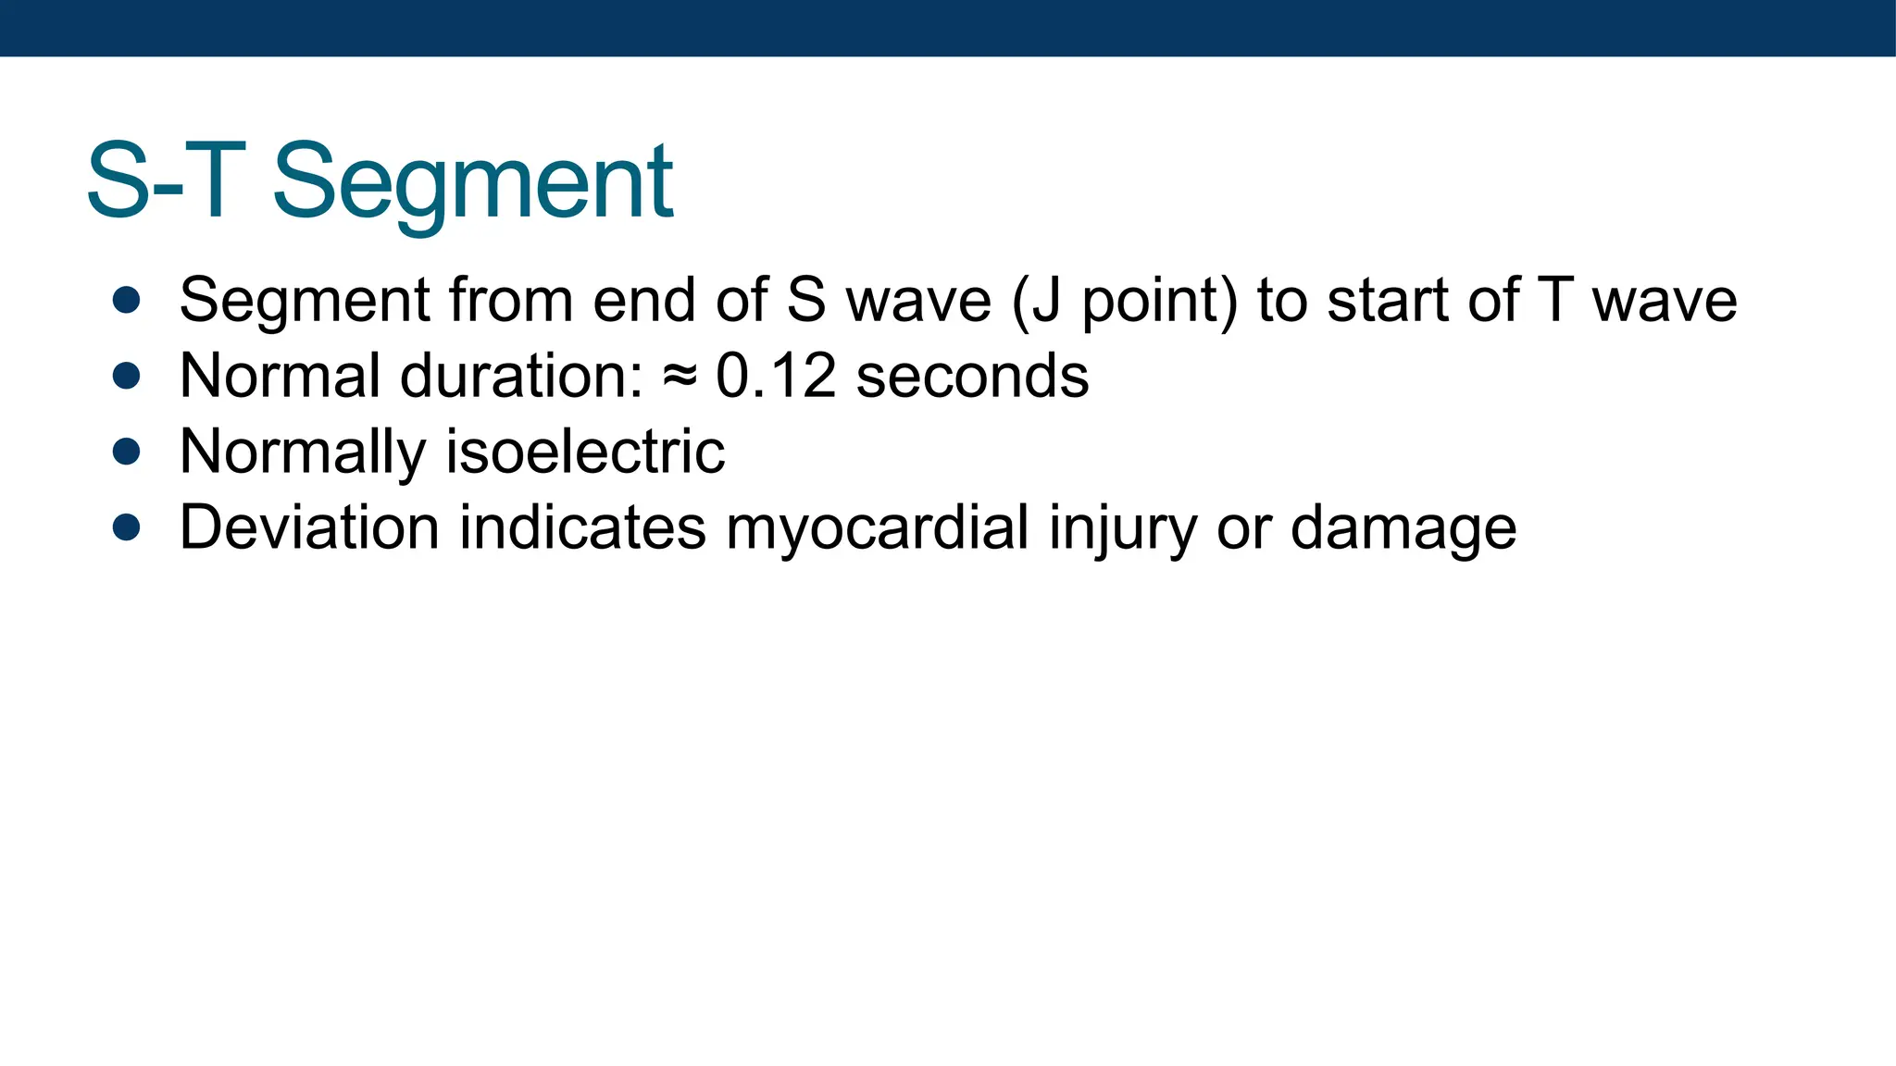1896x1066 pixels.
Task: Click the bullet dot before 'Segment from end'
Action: pyautogui.click(x=126, y=300)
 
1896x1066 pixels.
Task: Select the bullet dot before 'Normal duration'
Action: pyautogui.click(x=126, y=376)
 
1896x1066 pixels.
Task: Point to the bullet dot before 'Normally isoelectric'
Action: pyautogui.click(x=126, y=452)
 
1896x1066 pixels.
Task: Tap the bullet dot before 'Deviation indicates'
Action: pyautogui.click(x=126, y=527)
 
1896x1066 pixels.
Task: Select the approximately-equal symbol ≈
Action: pyautogui.click(x=680, y=378)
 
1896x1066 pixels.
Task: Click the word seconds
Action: pyautogui.click(x=972, y=376)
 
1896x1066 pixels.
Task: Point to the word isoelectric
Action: pyautogui.click(x=585, y=452)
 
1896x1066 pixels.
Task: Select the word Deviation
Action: pyautogui.click(x=309, y=527)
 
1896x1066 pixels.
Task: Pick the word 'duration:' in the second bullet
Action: pyautogui.click(x=521, y=376)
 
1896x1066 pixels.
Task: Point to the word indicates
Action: pyautogui.click(x=582, y=527)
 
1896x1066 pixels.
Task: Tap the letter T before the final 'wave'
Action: pyautogui.click(x=1555, y=300)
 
